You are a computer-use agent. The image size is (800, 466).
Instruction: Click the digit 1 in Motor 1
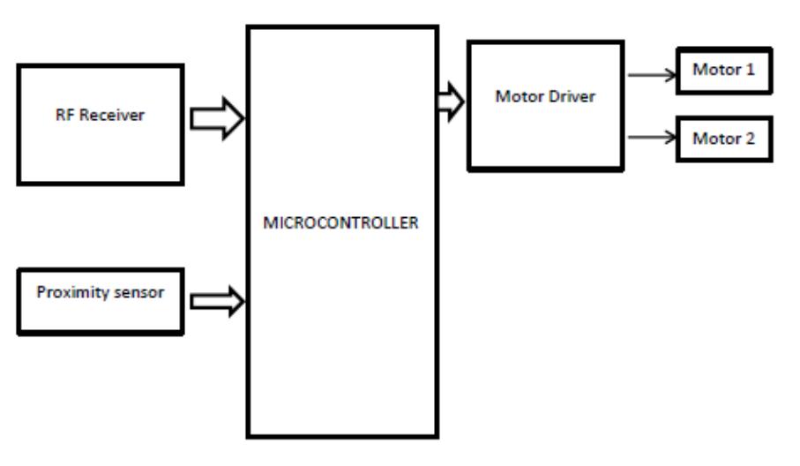pyautogui.click(x=751, y=68)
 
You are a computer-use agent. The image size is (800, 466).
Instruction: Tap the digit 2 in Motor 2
pyautogui.click(x=751, y=139)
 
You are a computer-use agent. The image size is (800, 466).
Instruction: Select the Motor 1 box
pyautogui.click(x=723, y=69)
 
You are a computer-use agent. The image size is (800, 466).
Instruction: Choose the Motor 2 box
pyautogui.click(x=723, y=139)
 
